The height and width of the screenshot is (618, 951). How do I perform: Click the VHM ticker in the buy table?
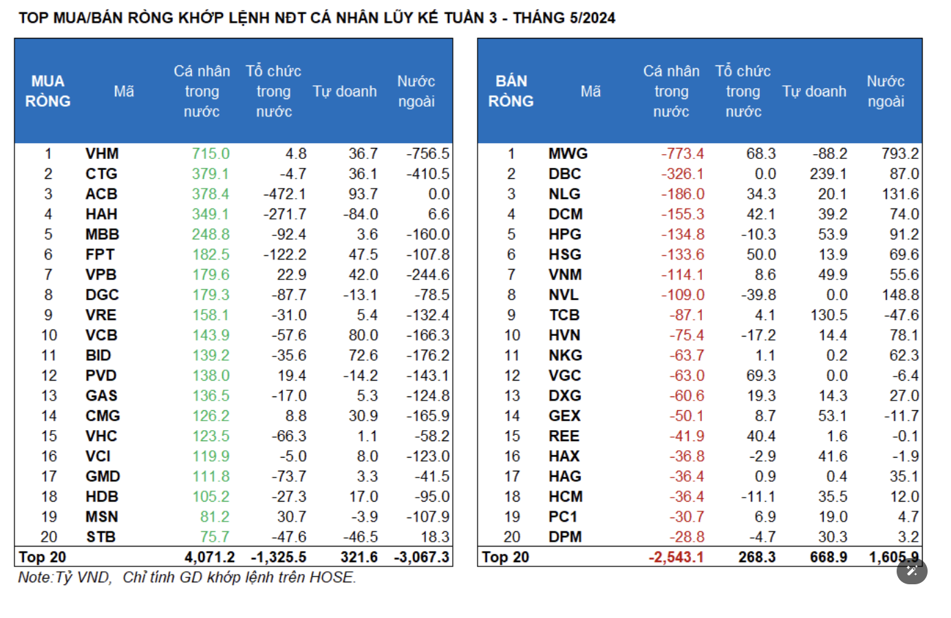tap(102, 153)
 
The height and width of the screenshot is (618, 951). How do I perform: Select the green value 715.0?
tap(211, 153)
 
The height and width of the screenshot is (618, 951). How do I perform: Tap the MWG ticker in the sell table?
tap(568, 153)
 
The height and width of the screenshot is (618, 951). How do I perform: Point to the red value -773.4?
tap(683, 153)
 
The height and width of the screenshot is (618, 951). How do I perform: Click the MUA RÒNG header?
tap(48, 91)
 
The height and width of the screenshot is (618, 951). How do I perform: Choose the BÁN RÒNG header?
tap(511, 91)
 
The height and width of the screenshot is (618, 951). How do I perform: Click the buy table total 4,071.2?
tap(209, 557)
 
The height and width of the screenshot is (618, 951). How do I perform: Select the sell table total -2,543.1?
tap(676, 557)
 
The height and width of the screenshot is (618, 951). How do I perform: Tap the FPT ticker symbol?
tap(100, 255)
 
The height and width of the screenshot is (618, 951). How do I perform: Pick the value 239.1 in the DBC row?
tap(828, 174)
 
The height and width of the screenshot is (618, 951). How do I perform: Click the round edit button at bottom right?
tap(912, 571)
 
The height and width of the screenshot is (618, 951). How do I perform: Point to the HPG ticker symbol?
tap(564, 235)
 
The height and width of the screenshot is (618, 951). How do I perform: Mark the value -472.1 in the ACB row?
tap(285, 194)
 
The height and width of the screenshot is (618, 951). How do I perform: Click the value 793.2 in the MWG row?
tap(899, 153)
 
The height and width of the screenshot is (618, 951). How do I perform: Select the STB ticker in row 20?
tap(100, 537)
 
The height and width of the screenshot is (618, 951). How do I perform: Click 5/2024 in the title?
tap(589, 18)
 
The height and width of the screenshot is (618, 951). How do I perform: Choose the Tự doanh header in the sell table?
tap(814, 92)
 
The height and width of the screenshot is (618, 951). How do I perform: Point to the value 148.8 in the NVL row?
tap(899, 295)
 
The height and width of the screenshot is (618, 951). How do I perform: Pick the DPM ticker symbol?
tap(565, 537)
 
